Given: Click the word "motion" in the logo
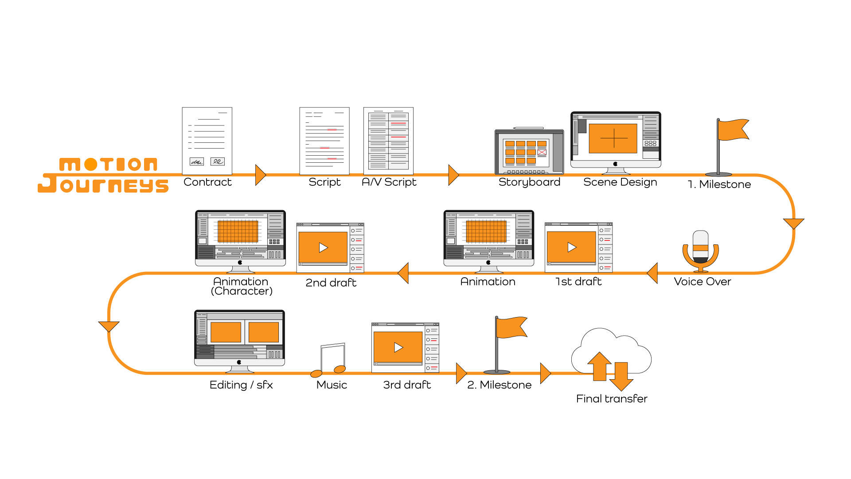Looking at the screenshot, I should (109, 165).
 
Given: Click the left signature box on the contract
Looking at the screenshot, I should (197, 162).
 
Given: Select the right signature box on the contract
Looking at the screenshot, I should (218, 161).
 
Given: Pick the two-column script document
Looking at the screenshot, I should (388, 141).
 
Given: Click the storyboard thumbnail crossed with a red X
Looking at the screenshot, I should (542, 152).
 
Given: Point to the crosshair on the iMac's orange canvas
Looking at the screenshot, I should (614, 138).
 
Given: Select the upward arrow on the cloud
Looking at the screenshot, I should (599, 365).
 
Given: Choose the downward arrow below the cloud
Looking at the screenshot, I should (621, 377).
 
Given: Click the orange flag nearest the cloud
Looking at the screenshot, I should (511, 328).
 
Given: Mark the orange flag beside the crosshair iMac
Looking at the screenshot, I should (732, 130).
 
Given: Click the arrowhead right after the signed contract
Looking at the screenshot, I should (261, 175).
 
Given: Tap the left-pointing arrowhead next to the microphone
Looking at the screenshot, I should (652, 273).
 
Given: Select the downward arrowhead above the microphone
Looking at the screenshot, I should (793, 223).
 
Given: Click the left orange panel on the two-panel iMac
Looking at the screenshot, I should (226, 332).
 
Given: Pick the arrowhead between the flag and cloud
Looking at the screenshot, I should (545, 373).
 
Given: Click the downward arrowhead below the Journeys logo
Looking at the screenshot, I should (109, 326).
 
